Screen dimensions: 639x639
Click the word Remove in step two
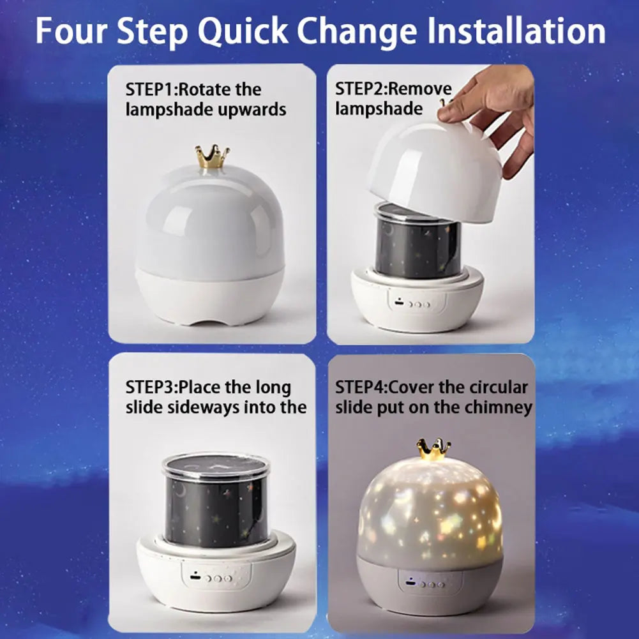(419, 89)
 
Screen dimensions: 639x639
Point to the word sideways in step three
(209, 407)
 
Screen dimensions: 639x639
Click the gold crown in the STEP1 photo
(213, 156)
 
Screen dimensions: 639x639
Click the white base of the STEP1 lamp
(209, 295)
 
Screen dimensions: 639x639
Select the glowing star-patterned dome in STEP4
(431, 511)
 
